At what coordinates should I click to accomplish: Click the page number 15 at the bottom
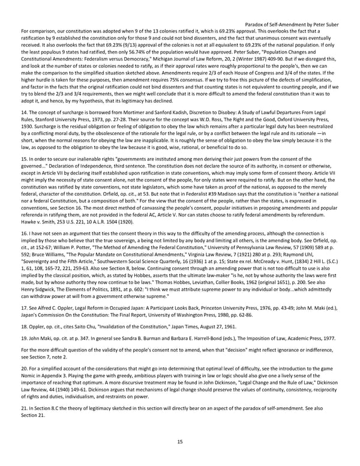coord(180,442)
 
